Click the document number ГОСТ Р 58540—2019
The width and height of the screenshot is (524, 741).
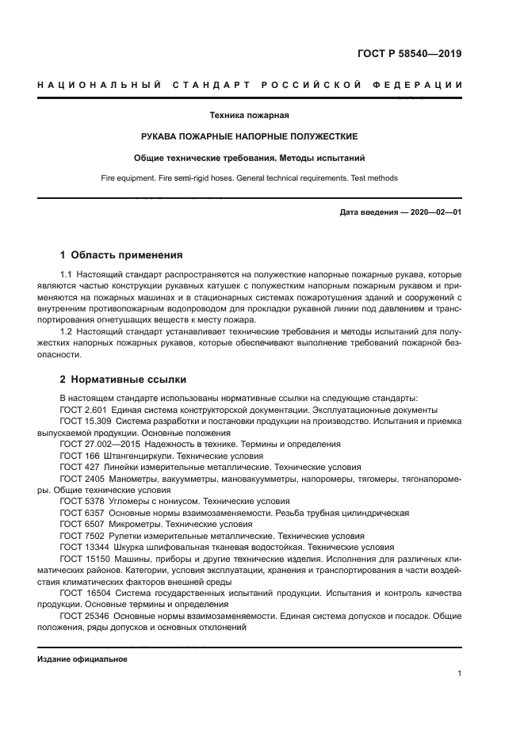[x=409, y=55]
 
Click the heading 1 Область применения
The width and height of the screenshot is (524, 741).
[x=121, y=255]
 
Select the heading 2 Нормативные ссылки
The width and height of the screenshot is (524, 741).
[x=123, y=380]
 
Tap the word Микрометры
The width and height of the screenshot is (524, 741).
[x=136, y=525]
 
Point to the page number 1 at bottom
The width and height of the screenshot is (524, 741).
[x=460, y=674]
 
